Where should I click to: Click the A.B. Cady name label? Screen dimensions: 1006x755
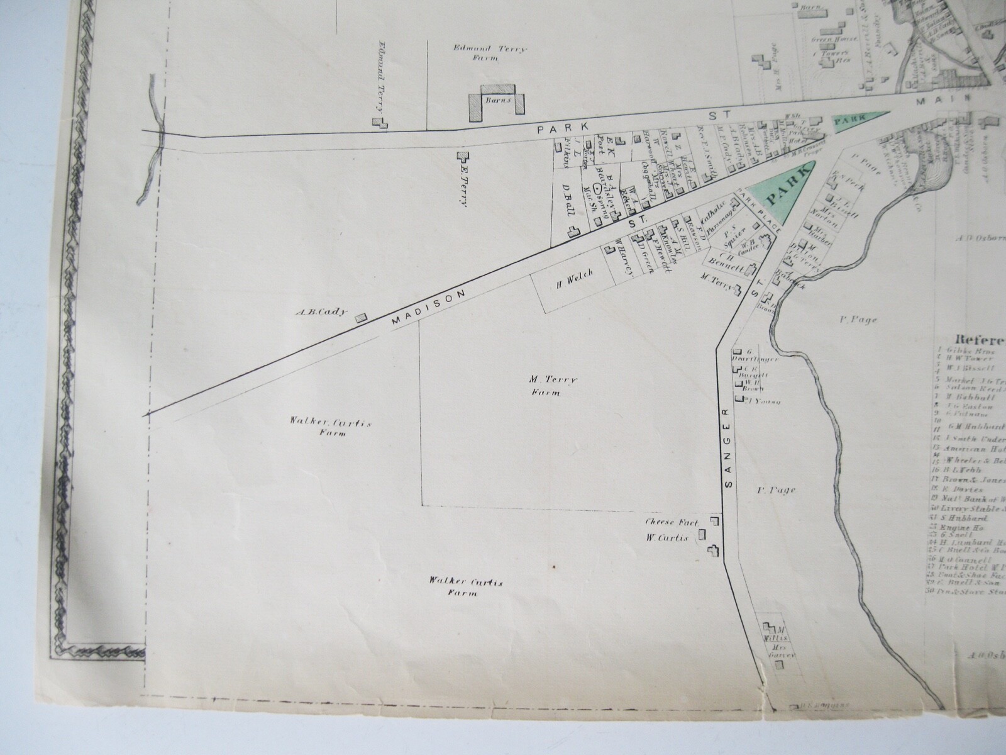point(325,311)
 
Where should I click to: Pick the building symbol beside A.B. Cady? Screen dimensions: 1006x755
point(362,318)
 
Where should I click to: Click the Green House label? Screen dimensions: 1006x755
point(834,39)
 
